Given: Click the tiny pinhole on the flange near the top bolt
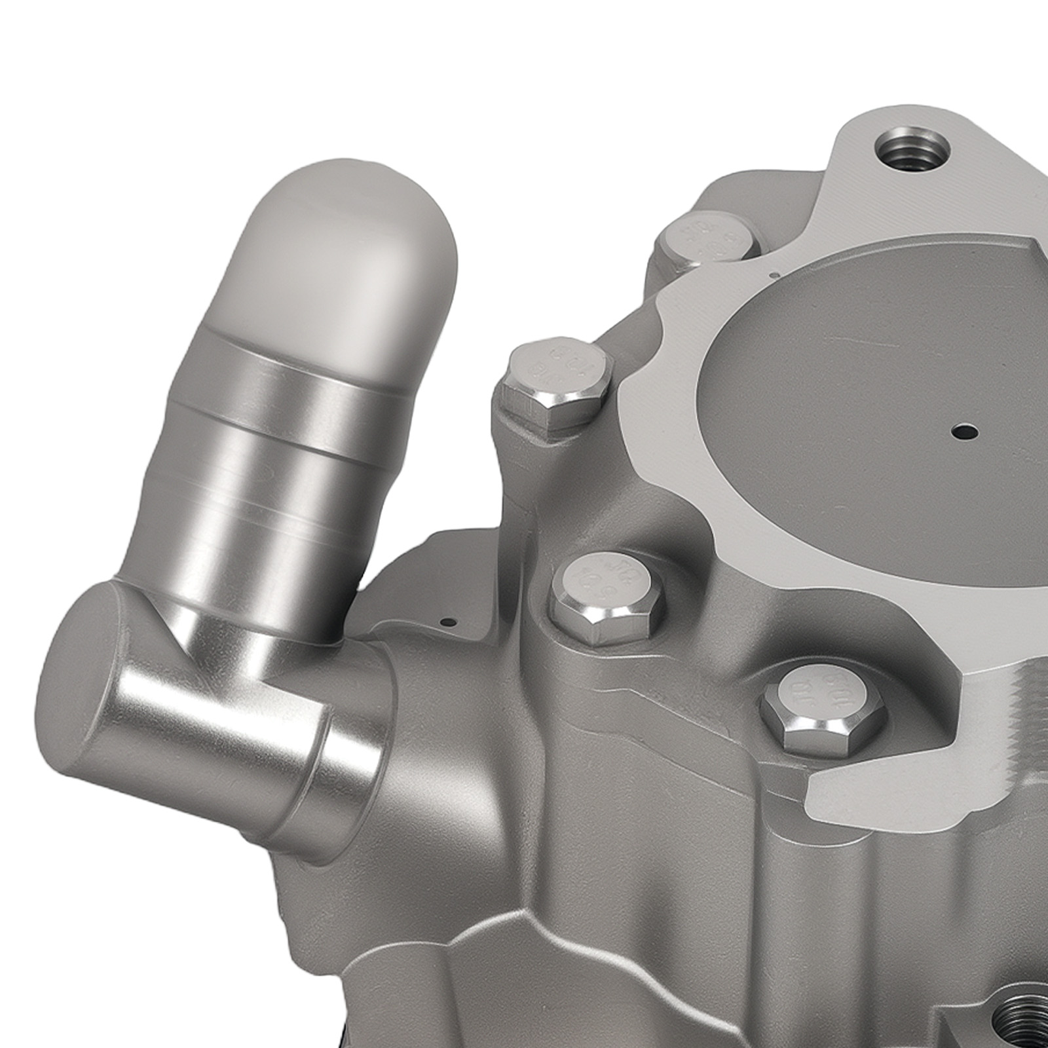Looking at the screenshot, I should [774, 275].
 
